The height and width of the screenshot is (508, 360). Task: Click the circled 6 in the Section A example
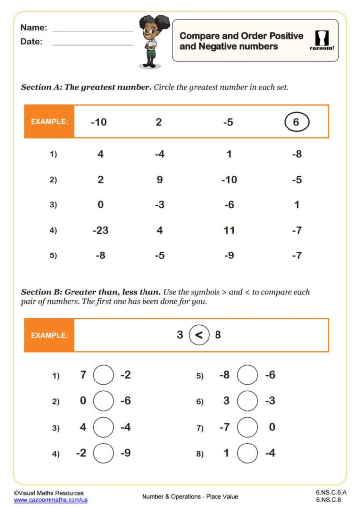pyautogui.click(x=296, y=122)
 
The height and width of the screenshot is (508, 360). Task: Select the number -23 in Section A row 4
pyautogui.click(x=101, y=230)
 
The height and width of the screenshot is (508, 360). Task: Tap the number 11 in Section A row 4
pyautogui.click(x=228, y=230)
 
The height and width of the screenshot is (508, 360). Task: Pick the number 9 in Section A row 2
pyautogui.click(x=159, y=180)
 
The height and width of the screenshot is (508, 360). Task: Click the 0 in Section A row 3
pyautogui.click(x=101, y=205)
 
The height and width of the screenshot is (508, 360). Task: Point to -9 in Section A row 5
pyautogui.click(x=228, y=256)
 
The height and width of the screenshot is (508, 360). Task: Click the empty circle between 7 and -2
pyautogui.click(x=103, y=375)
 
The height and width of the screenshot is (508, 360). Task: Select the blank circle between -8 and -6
pyautogui.click(x=247, y=375)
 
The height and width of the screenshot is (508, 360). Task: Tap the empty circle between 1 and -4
pyautogui.click(x=247, y=453)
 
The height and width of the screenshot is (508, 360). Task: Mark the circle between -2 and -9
pyautogui.click(x=103, y=453)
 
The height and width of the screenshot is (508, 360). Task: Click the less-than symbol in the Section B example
pyautogui.click(x=199, y=335)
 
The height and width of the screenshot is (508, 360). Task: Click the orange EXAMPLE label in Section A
pyautogui.click(x=49, y=122)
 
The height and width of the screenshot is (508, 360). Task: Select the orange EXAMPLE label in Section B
pyautogui.click(x=49, y=335)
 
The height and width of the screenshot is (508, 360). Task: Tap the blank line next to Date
pyautogui.click(x=92, y=44)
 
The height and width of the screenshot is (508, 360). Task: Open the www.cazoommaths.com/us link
pyautogui.click(x=51, y=500)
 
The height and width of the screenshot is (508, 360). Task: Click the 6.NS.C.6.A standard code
pyautogui.click(x=331, y=492)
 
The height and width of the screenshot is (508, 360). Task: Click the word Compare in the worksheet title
pyautogui.click(x=199, y=36)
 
